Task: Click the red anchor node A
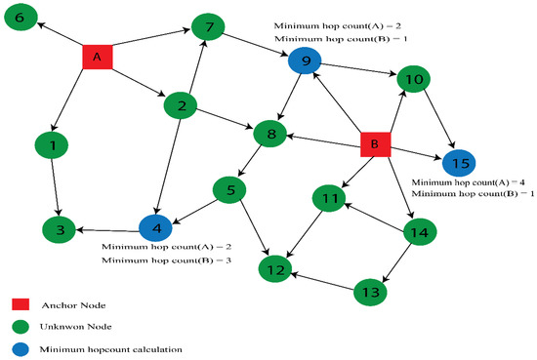pyautogui.click(x=97, y=58)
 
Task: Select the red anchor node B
pyautogui.click(x=372, y=144)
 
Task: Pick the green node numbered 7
pyautogui.click(x=208, y=27)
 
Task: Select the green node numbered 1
pyautogui.click(x=52, y=145)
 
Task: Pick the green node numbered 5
pyautogui.click(x=230, y=189)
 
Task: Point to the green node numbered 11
pyautogui.click(x=330, y=200)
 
